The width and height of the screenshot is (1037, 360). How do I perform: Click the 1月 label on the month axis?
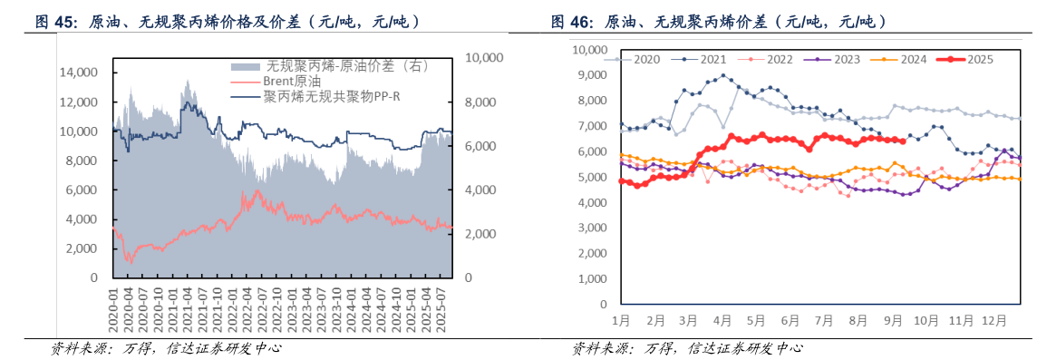pos(621,321)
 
